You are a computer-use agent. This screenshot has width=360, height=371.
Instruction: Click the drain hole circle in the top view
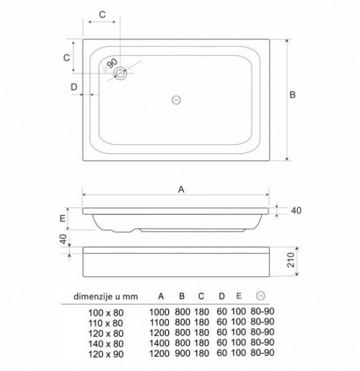click(121, 73)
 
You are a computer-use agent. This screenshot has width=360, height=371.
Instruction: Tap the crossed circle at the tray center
click(176, 100)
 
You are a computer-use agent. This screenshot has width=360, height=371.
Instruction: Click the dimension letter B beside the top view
click(293, 95)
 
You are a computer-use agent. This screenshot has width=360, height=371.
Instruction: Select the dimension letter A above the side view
click(181, 189)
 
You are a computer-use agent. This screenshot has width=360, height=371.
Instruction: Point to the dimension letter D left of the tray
click(74, 87)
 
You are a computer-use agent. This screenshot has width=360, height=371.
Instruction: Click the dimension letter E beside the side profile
click(63, 218)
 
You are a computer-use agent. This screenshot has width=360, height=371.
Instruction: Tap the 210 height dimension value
click(291, 260)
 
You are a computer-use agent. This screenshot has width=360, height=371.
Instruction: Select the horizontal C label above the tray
click(102, 14)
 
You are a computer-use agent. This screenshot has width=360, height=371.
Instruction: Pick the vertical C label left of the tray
click(67, 57)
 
